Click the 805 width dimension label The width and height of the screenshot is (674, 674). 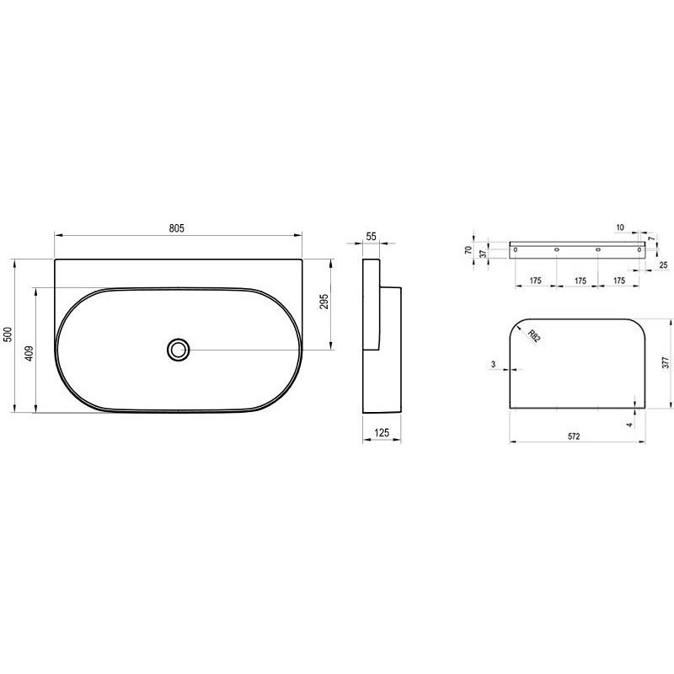point(176,228)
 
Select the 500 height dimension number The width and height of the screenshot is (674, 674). point(8,334)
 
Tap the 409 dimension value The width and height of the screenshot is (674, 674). point(29,353)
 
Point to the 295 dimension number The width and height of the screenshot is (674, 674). point(324,302)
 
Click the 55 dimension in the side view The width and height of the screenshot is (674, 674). point(371,236)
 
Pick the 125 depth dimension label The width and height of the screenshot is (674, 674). point(382,432)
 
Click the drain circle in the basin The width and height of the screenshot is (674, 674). point(178,350)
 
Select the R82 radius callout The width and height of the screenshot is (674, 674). point(533,335)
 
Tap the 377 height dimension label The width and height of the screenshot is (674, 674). point(666,362)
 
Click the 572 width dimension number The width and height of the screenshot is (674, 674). point(574,436)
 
